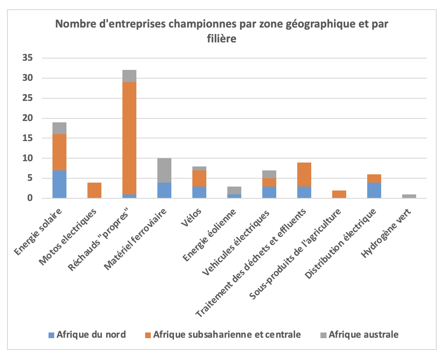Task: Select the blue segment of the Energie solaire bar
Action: pos(59,184)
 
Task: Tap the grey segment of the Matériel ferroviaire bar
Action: pos(164,170)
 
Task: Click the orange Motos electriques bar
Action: pos(94,190)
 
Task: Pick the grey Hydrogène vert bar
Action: pos(409,196)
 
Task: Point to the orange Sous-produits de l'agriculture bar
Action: pos(339,194)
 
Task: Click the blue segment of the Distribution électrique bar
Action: pos(374,190)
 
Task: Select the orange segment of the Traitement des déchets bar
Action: pos(304,174)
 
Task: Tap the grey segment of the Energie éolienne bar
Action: pos(234,190)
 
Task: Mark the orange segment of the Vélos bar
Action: pos(199,178)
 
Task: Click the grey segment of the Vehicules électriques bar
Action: pos(269,174)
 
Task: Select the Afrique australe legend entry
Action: pos(363,335)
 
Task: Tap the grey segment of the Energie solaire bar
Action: pos(59,128)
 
